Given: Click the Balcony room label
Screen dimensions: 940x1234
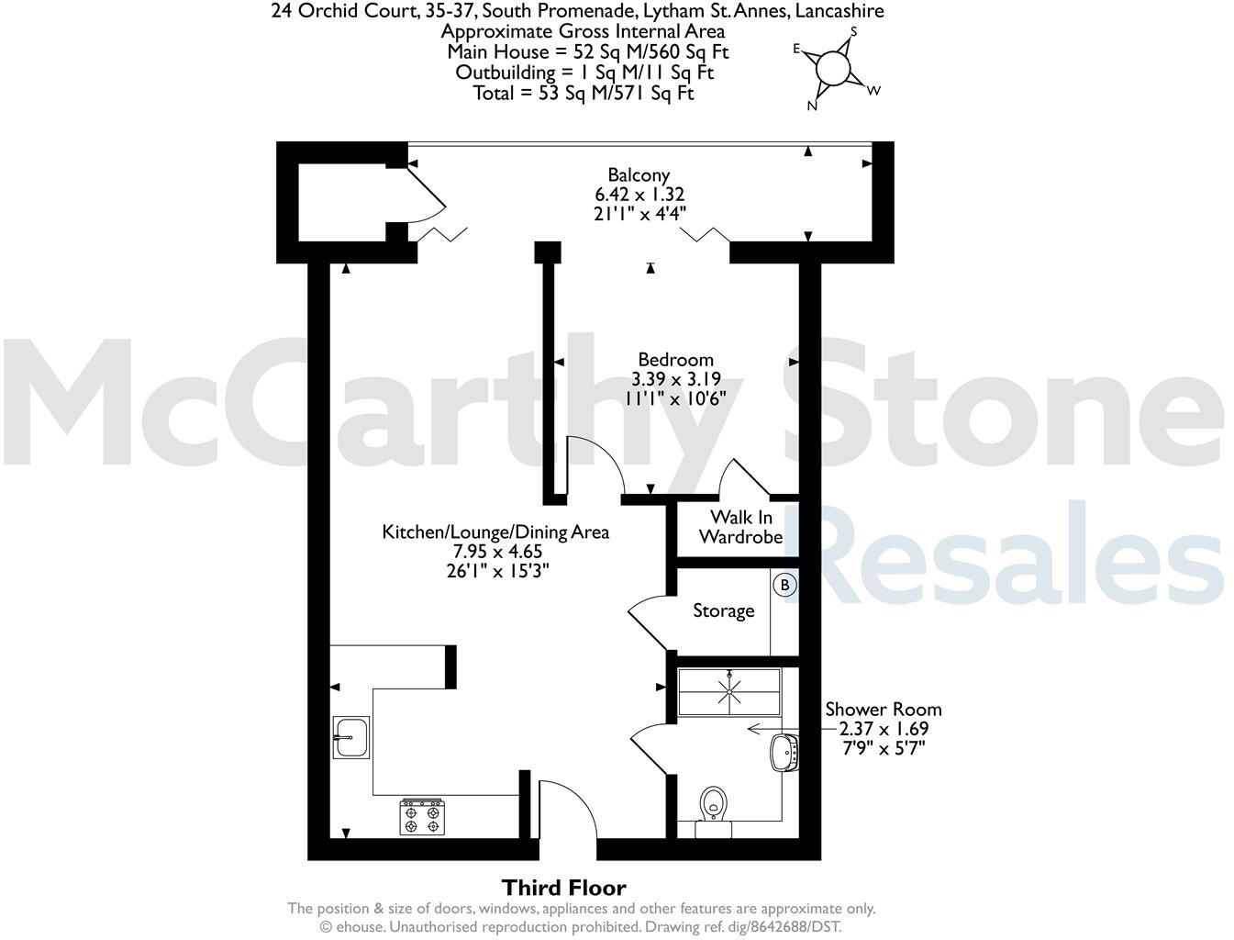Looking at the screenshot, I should [639, 174].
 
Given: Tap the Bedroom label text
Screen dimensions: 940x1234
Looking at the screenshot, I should [675, 359].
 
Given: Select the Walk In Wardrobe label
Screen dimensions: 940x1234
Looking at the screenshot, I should [740, 527].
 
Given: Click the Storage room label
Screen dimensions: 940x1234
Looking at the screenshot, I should [723, 610].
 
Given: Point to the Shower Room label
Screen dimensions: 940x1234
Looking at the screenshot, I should [883, 709].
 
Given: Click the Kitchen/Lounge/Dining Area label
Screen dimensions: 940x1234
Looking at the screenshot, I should [495, 532].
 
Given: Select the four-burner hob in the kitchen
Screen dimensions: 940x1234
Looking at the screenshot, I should [422, 816].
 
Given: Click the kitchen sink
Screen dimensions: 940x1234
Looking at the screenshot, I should [350, 737].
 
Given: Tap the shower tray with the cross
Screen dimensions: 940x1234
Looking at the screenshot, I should [729, 690].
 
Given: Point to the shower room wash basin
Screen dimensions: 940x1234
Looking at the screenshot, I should [784, 752].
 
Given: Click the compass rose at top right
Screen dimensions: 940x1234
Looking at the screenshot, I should [833, 69].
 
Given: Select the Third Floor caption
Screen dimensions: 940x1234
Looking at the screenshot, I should [563, 888].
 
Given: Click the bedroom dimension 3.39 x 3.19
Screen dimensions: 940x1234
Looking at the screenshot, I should [675, 379].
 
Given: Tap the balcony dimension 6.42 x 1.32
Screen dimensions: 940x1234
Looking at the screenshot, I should [639, 194].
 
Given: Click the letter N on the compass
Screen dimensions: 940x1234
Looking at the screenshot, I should [812, 106].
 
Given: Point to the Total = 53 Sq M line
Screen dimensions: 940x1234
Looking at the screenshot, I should [584, 93].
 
